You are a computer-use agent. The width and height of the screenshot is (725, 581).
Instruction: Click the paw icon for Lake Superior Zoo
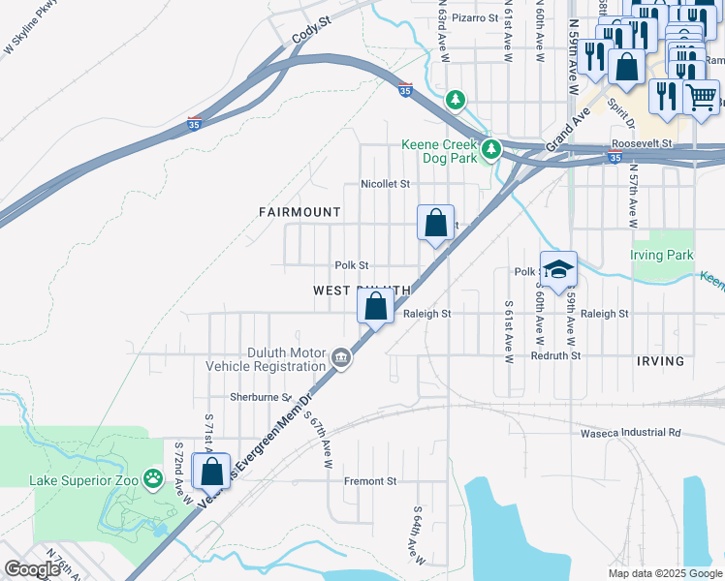(x=153, y=477)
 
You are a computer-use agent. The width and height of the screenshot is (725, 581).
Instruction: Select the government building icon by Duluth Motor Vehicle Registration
(x=341, y=358)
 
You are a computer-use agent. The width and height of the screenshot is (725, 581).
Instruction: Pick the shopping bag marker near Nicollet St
(x=436, y=223)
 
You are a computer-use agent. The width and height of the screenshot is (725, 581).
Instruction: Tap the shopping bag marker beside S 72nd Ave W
(x=211, y=472)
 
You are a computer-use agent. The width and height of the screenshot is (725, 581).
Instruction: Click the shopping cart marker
(x=701, y=96)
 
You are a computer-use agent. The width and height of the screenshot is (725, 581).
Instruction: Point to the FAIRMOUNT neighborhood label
(x=299, y=211)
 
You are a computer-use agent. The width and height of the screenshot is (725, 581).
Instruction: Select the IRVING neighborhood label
(x=660, y=361)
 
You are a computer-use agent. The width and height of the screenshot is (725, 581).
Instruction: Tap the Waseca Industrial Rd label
(x=626, y=432)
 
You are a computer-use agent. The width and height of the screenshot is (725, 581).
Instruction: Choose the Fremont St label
(x=372, y=480)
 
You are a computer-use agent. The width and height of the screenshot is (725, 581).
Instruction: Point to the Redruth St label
(x=555, y=355)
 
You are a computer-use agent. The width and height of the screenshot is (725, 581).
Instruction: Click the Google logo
(x=32, y=569)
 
